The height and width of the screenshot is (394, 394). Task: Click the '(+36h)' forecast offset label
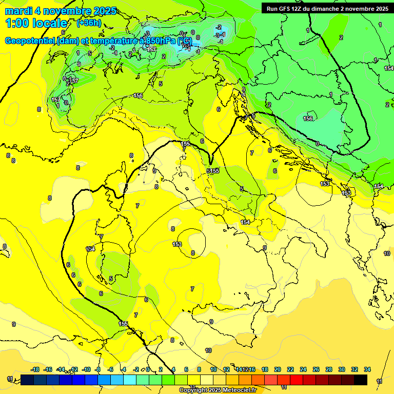coord(89,23)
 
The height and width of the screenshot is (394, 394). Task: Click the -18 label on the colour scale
coord(35,369)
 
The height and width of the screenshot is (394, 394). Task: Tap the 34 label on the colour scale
coord(367,369)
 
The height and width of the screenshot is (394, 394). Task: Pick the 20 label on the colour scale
coord(278,369)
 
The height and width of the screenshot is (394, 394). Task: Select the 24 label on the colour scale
coord(303,369)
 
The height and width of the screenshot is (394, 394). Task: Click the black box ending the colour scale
coord(360,380)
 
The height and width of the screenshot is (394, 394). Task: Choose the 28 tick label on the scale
coord(329,369)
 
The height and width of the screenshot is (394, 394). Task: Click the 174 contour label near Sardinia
coord(90,249)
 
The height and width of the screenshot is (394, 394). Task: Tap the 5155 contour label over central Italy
coord(213,171)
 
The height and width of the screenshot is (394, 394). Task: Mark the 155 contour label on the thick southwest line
coord(123,324)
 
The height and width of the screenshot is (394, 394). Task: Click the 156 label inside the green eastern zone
coord(308,119)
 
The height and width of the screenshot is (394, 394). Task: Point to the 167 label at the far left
coord(55,100)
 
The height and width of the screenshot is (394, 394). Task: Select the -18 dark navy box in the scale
coord(27,380)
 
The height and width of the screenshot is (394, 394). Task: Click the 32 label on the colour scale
coord(354,369)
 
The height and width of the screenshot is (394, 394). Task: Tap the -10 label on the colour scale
coord(86,369)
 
